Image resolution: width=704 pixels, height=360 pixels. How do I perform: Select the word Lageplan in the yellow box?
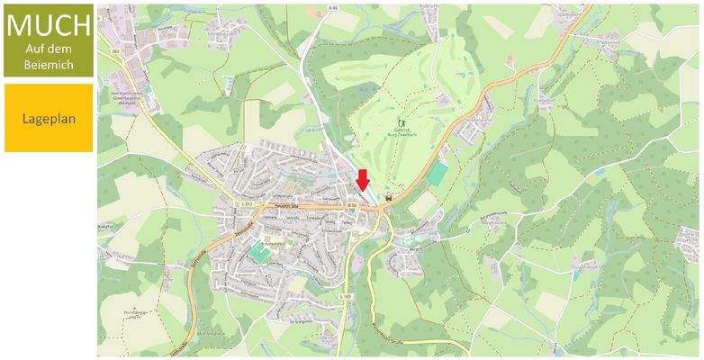point(48,118)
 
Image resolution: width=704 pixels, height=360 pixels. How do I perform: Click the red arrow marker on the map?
point(362,179)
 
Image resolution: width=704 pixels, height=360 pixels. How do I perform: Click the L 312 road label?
point(245,205)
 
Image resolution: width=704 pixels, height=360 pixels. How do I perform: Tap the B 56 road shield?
point(354,206)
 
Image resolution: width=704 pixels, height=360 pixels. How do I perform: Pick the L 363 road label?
point(115,51)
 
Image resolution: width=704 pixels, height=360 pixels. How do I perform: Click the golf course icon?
point(402,121)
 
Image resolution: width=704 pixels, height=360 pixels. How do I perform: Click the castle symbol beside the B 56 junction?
point(389,198)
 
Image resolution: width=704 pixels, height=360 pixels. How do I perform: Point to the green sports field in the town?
point(258,254)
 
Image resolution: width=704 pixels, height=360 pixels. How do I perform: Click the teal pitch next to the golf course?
point(437,173)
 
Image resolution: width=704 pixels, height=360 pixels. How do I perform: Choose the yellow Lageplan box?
point(48,118)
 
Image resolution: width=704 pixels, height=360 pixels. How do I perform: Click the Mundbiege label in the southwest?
point(137,311)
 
